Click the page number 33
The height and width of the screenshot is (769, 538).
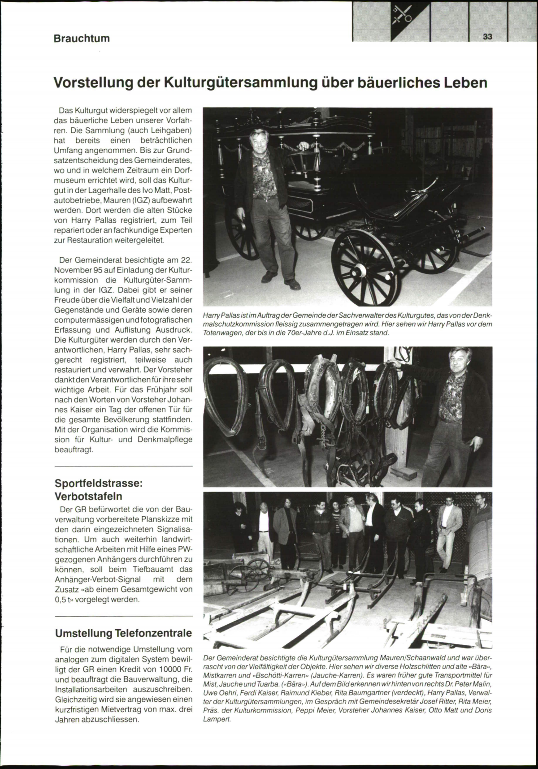click(x=488, y=37)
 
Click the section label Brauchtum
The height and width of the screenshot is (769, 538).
click(x=82, y=38)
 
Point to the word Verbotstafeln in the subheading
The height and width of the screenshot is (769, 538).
click(x=88, y=496)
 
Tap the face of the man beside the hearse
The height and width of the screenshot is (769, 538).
click(x=259, y=141)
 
